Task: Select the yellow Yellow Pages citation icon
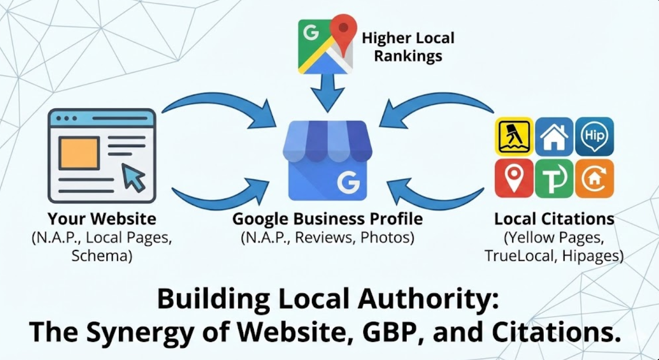pyautogui.click(x=514, y=136)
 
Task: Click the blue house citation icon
pyautogui.click(x=554, y=136)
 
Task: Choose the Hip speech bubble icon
pyautogui.click(x=594, y=136)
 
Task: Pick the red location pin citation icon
pyautogui.click(x=514, y=178)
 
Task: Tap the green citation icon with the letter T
pyautogui.click(x=554, y=178)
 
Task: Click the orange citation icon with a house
pyautogui.click(x=594, y=178)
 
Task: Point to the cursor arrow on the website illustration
pyautogui.click(x=134, y=177)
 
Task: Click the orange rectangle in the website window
pyautogui.click(x=79, y=153)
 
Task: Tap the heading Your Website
pyautogui.click(x=102, y=219)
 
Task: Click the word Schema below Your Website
pyautogui.click(x=101, y=255)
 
